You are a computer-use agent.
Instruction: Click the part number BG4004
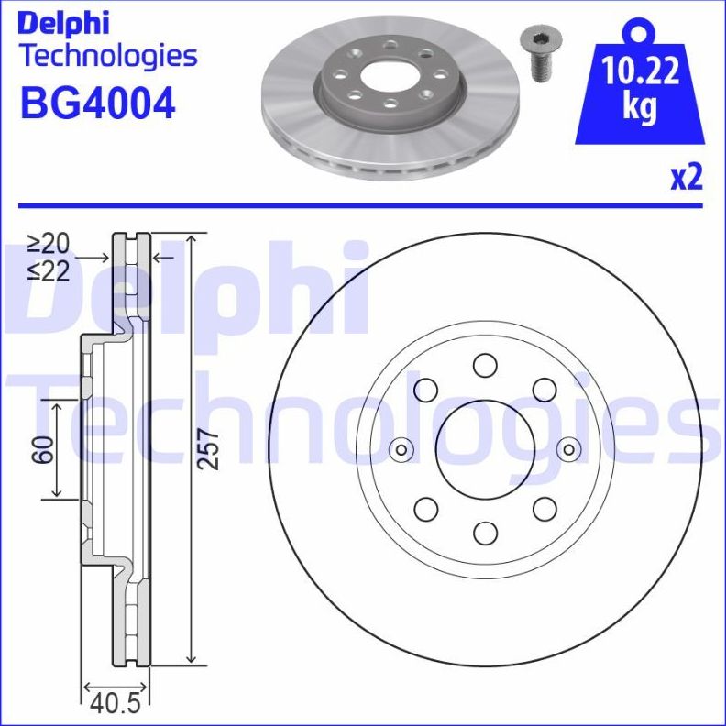click(x=97, y=103)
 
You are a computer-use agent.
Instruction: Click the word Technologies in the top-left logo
click(x=108, y=56)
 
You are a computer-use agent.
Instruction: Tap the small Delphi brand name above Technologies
click(x=64, y=21)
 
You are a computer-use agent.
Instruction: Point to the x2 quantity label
click(x=686, y=178)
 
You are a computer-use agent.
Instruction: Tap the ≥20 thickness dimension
click(x=48, y=244)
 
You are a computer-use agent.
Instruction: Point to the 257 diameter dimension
click(x=210, y=449)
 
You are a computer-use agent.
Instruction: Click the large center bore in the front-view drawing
click(x=484, y=449)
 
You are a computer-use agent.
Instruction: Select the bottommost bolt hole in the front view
click(x=484, y=533)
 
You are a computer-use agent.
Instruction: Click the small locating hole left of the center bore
click(x=401, y=449)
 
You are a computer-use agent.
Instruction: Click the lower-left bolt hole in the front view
click(x=425, y=509)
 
